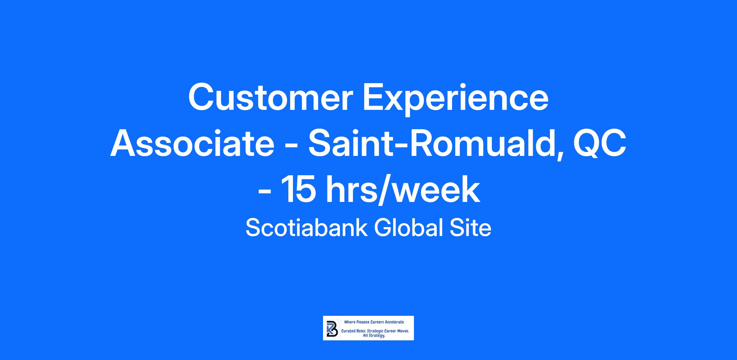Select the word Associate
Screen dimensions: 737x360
[x=192, y=144]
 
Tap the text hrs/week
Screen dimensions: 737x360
[x=403, y=190]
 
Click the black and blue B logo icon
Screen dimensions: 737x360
[x=331, y=328]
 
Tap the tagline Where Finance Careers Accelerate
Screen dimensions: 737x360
[x=374, y=322]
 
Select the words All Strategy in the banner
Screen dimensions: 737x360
[x=374, y=336]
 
